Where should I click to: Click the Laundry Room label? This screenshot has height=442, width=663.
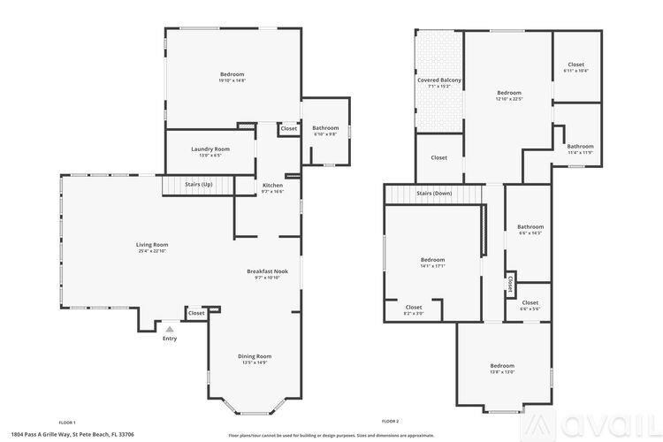(210, 149)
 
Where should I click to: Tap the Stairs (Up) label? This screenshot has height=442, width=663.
(198, 184)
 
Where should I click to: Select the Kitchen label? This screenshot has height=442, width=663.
(272, 185)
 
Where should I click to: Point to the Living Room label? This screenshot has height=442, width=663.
(152, 245)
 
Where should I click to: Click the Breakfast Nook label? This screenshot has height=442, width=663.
(267, 271)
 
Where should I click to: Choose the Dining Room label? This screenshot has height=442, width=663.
(255, 356)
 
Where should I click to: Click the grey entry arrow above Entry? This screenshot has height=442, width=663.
(170, 328)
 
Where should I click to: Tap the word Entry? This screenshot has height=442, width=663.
(170, 338)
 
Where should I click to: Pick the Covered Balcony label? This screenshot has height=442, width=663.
(439, 80)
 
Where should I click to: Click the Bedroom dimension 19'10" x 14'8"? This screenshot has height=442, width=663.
(232, 80)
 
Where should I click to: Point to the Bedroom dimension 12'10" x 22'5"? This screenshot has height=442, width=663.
(509, 99)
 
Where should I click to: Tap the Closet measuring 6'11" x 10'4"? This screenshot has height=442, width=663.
(575, 71)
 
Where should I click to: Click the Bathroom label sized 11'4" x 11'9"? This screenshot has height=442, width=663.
(580, 152)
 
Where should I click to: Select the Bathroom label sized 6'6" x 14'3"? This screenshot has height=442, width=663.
(530, 232)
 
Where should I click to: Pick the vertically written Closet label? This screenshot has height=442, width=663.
(510, 284)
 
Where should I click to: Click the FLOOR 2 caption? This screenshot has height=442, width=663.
(390, 422)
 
